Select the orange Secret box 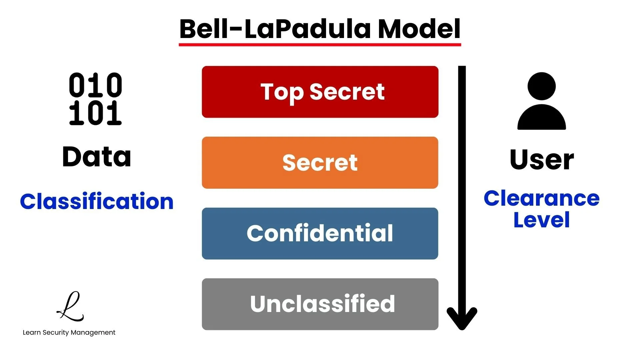[x=320, y=163]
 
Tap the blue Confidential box [x=320, y=233]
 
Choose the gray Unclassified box [x=320, y=304]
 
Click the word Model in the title [x=419, y=29]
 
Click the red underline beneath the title [x=320, y=44]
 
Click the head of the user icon [x=542, y=86]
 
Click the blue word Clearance [x=542, y=199]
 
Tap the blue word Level [x=542, y=220]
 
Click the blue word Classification [x=97, y=202]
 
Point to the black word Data [x=97, y=157]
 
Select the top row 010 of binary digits [x=95, y=85]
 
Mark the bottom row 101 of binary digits [x=95, y=113]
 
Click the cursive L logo [x=71, y=307]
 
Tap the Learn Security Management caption [x=69, y=332]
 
